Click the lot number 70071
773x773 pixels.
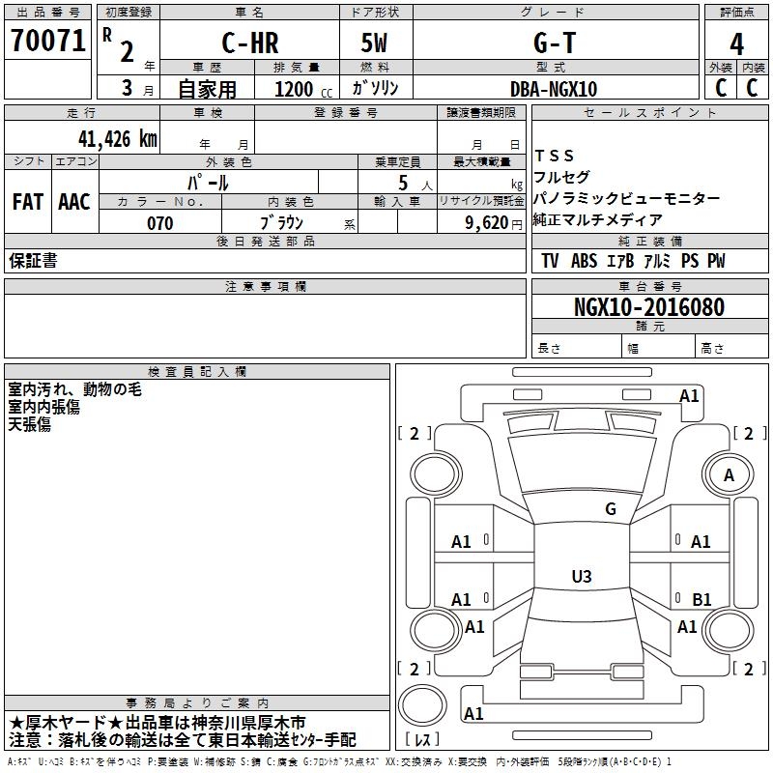48,41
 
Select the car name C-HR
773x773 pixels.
250,43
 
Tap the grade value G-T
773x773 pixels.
555,43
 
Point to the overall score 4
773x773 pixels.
736,44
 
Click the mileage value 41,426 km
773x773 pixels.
117,139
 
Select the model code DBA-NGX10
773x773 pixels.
554,89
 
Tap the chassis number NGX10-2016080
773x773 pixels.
649,307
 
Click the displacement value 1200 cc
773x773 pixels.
303,89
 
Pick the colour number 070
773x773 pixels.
160,223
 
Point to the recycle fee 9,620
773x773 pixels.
487,223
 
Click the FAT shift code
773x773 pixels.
28,202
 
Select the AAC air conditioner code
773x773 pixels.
74,202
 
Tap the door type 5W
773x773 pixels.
374,43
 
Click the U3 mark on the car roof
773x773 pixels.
582,576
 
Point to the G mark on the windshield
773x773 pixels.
611,509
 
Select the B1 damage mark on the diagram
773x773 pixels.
701,599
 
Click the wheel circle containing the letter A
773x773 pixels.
729,475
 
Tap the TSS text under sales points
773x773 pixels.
555,156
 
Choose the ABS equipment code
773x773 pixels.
585,261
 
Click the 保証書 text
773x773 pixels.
33,261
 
